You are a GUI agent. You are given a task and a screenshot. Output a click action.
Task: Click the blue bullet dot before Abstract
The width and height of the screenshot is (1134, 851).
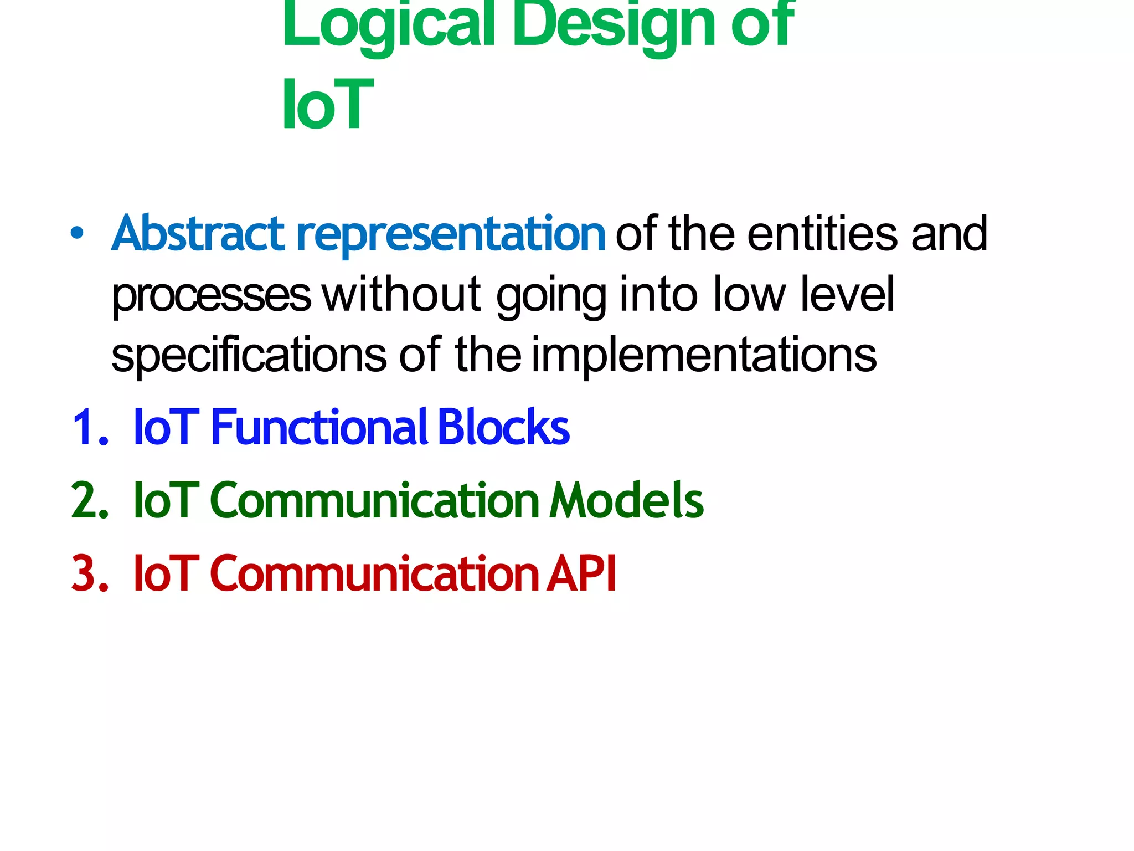pos(78,233)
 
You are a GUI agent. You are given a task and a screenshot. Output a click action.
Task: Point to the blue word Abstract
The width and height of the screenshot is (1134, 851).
pos(198,233)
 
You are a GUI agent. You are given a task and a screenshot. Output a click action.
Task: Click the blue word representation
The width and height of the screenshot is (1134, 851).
pos(451,235)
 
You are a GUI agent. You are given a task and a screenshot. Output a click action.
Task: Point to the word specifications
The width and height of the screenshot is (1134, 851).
pos(249,355)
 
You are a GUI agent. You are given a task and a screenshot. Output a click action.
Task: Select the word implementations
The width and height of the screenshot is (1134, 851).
pos(704,355)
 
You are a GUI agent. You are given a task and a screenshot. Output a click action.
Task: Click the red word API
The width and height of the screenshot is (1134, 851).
pos(581,573)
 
